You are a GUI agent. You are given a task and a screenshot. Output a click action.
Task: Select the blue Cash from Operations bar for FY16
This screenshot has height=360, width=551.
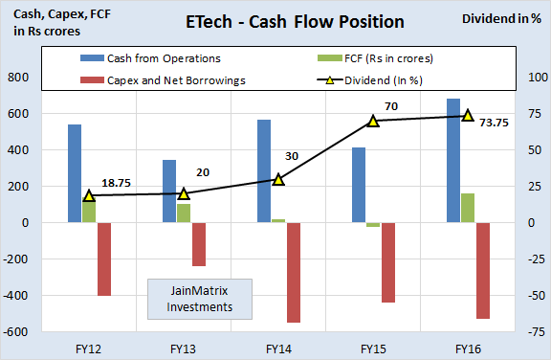tap(452, 160)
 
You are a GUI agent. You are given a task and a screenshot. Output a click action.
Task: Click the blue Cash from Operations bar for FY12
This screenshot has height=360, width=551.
tap(75, 173)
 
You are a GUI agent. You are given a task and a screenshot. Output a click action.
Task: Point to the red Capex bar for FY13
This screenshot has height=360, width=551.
tap(199, 244)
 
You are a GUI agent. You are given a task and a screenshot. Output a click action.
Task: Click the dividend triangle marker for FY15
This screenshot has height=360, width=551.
tap(374, 121)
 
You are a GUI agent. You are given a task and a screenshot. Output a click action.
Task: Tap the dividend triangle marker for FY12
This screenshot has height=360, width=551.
tap(89, 195)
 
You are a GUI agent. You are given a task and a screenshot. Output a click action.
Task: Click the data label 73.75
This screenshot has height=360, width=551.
tap(494, 122)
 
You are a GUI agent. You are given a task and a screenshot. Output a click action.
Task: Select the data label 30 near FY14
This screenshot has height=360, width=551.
tap(293, 157)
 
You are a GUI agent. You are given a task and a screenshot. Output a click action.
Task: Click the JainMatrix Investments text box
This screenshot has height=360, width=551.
tap(200, 298)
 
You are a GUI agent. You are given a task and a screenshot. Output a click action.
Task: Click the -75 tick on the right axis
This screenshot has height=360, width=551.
tap(530, 332)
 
